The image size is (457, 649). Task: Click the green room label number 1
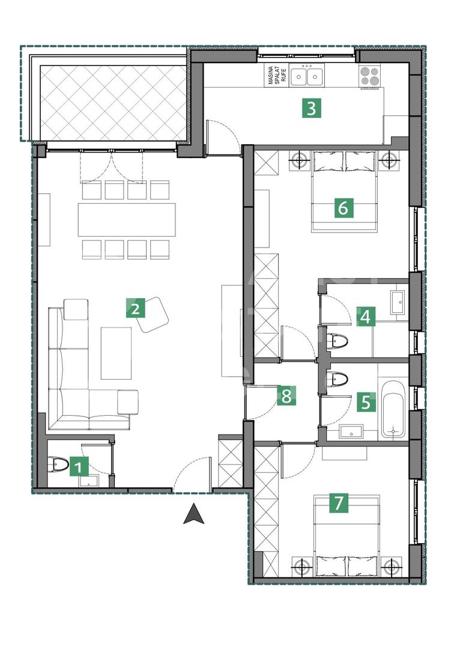coord(79,467)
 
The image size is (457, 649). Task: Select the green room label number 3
coord(311,109)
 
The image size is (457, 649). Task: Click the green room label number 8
coord(286,395)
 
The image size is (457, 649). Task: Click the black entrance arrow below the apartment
coord(193,514)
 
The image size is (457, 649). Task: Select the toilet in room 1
coord(58,463)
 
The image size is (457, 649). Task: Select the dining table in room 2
coord(127,219)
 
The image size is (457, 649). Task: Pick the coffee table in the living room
coord(116,353)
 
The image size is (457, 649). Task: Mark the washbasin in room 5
coord(351,430)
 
